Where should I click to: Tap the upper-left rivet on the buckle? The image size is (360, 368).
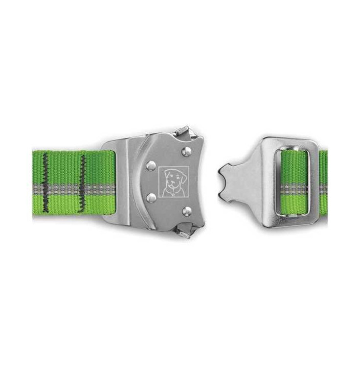(151, 166)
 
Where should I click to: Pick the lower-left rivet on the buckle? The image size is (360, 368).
(151, 197)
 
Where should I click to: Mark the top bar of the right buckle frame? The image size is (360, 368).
(291, 144)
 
